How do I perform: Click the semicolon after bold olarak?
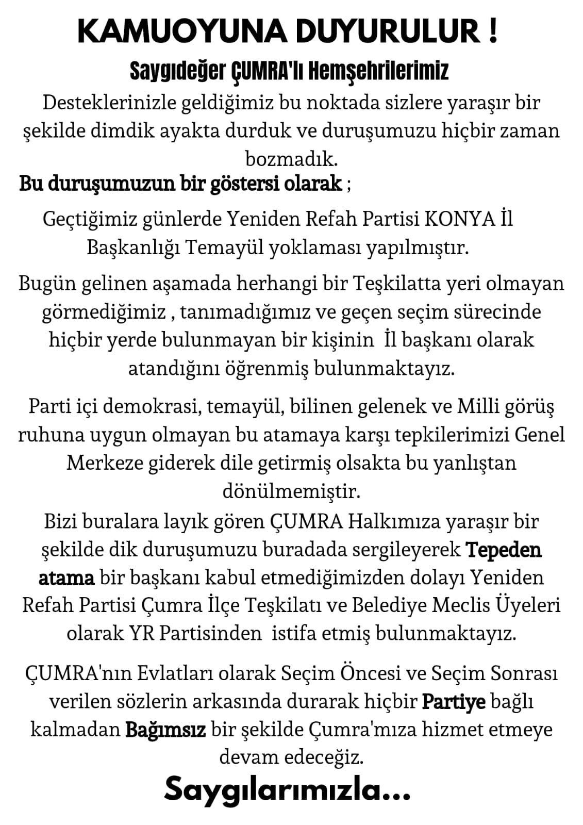point(349,184)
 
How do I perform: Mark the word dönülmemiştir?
point(291,491)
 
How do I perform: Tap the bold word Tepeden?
point(504,550)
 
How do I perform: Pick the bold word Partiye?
point(454,702)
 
